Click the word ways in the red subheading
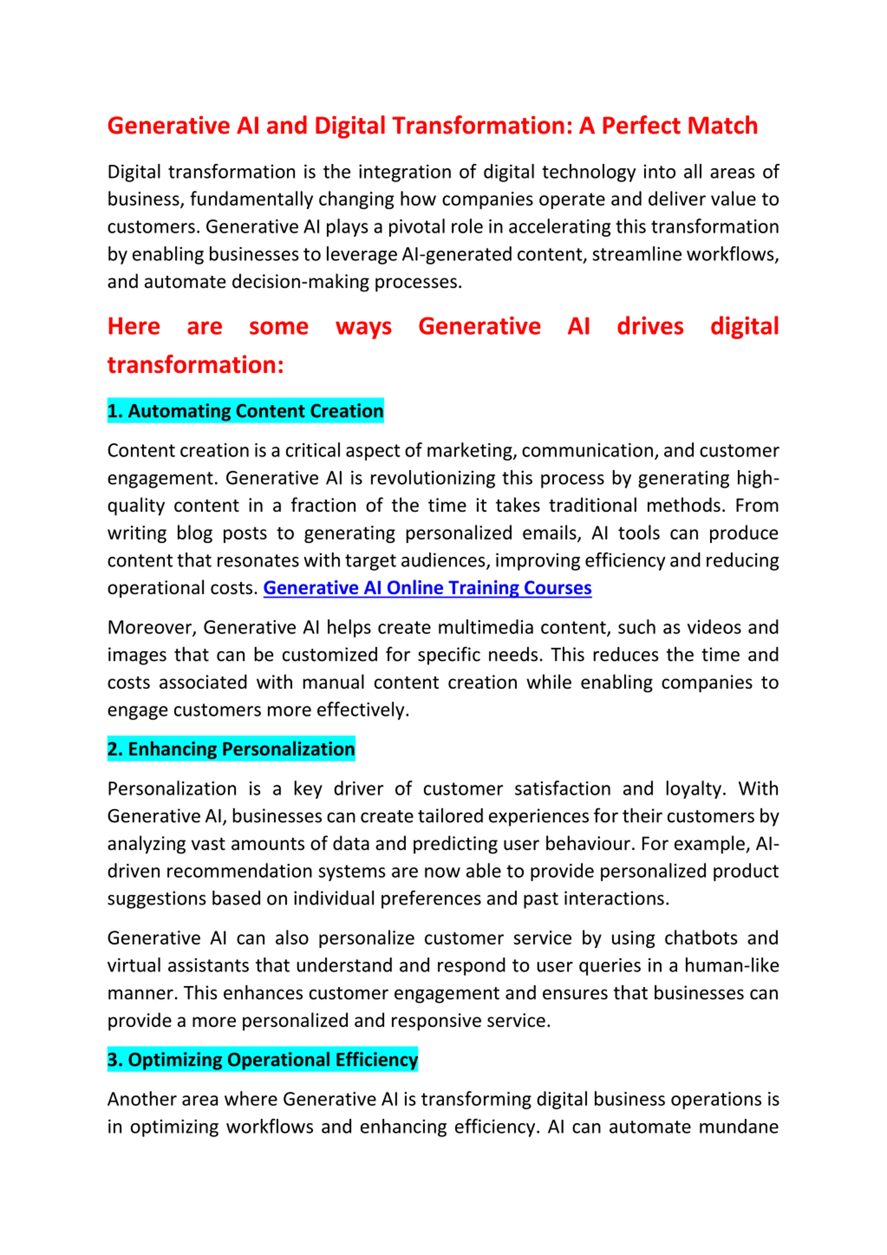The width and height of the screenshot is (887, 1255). tap(363, 326)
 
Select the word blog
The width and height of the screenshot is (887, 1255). tap(194, 533)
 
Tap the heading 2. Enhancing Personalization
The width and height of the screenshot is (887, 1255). tap(231, 749)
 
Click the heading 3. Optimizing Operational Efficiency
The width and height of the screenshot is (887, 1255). tap(262, 1059)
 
